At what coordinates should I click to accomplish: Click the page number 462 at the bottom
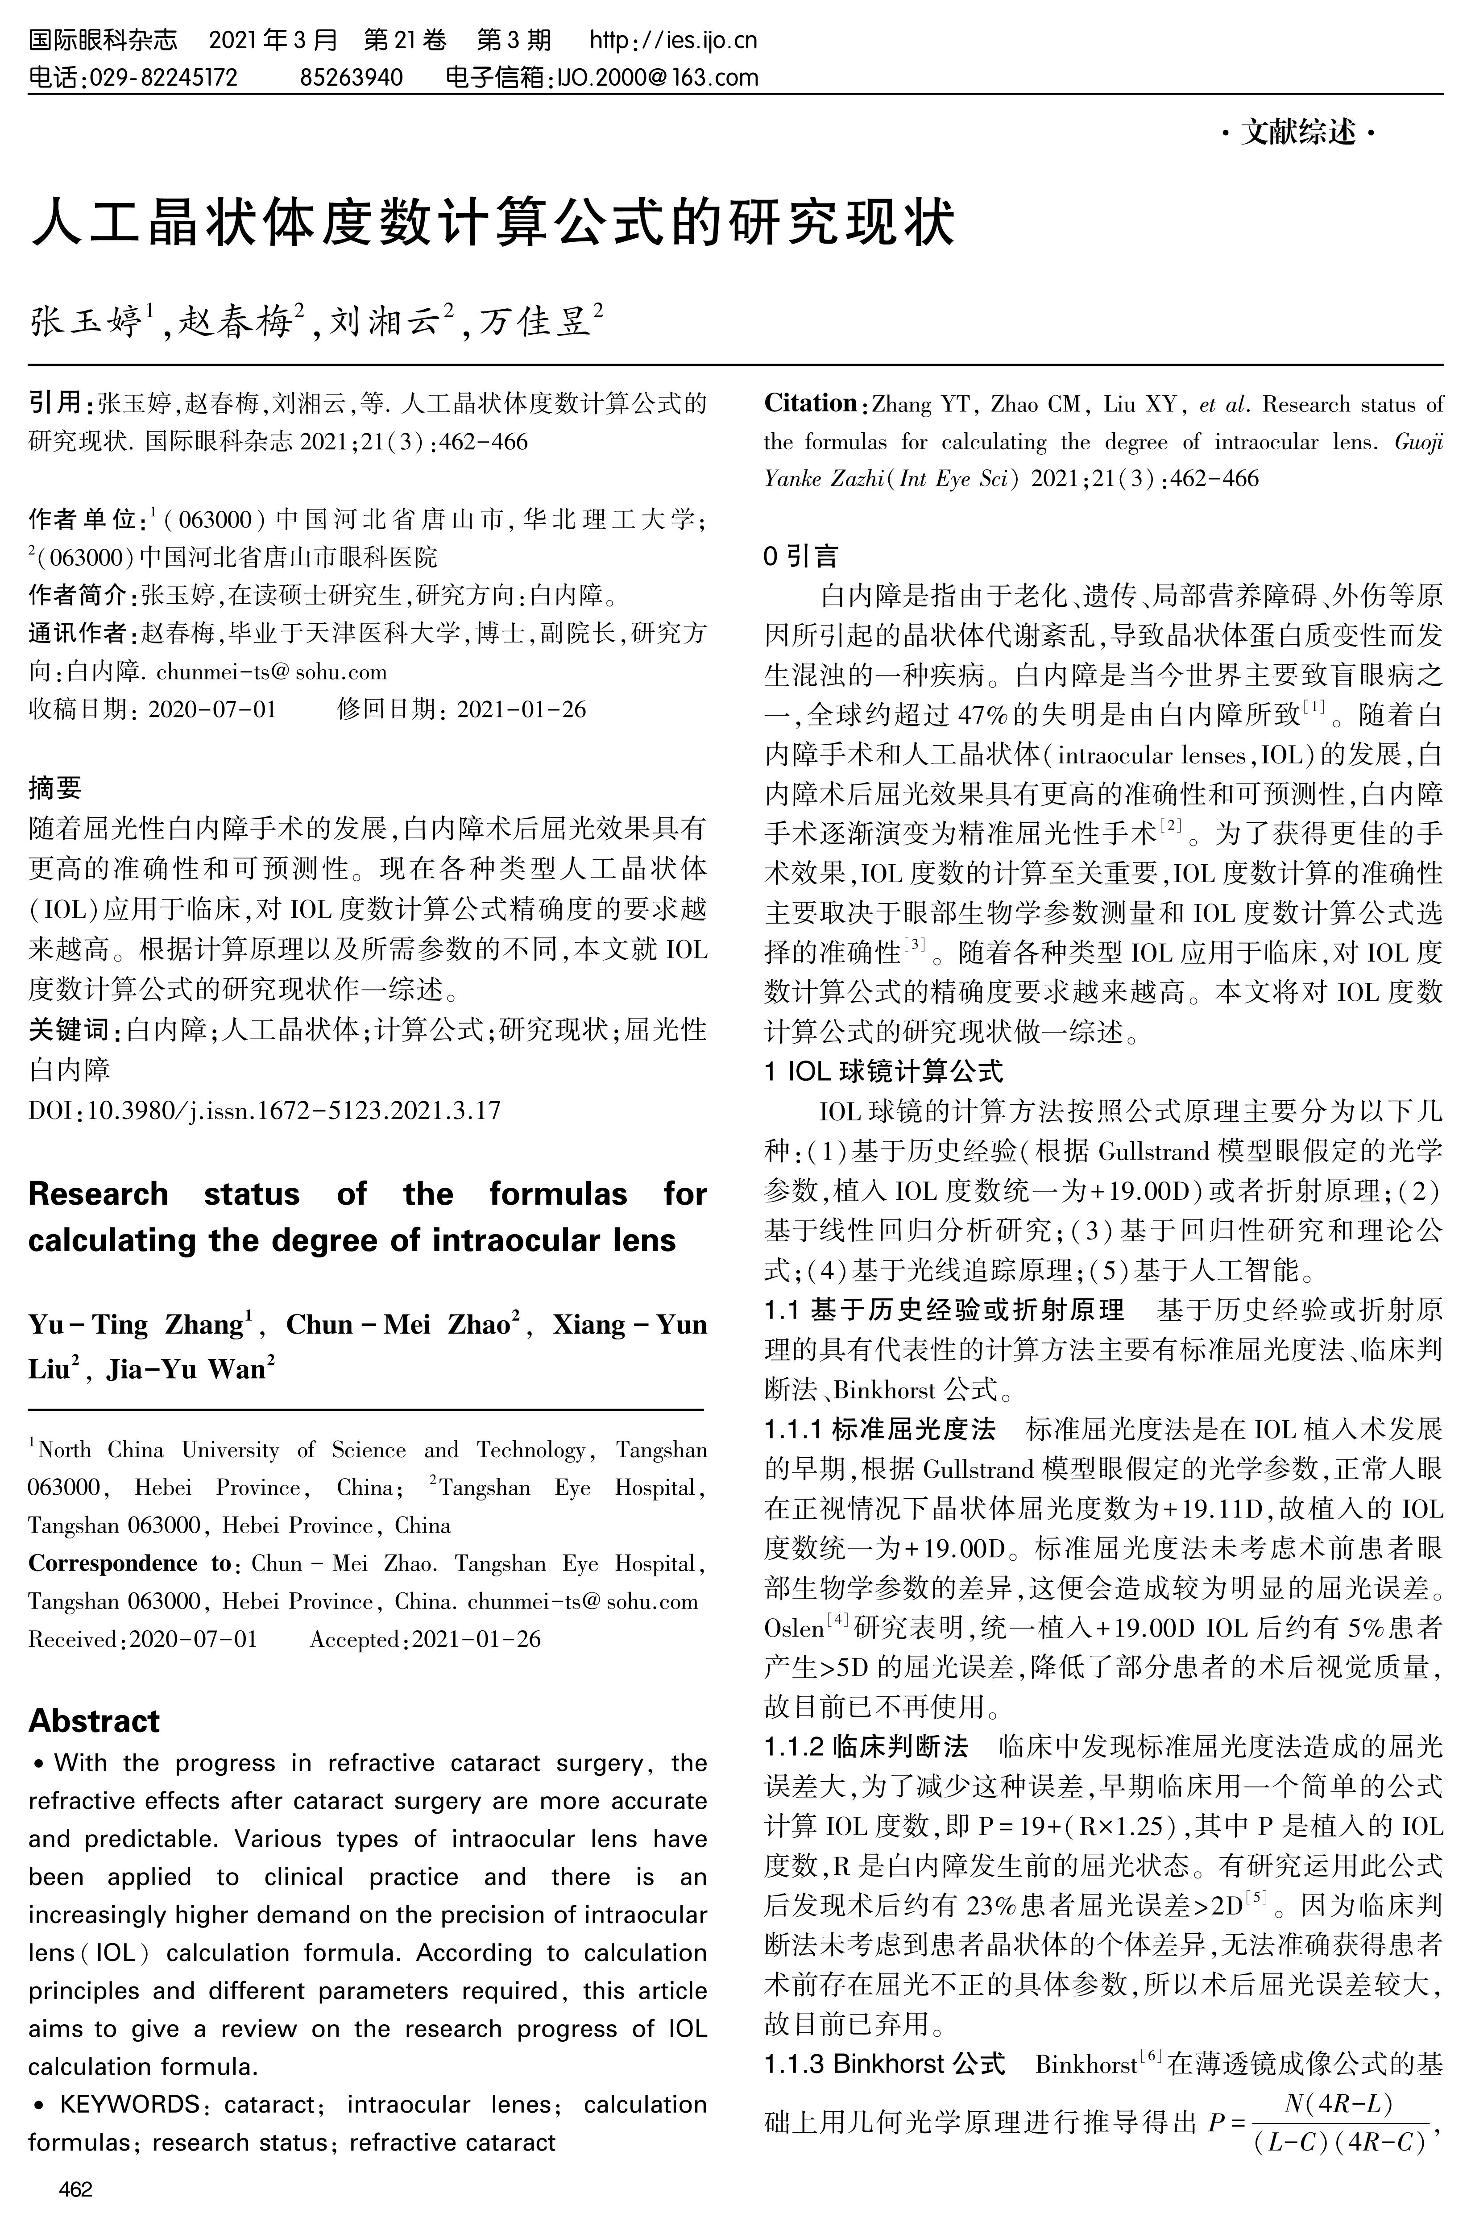click(x=75, y=2190)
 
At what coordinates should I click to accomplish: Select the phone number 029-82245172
click(x=162, y=77)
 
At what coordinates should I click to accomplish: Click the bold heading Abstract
click(x=94, y=1720)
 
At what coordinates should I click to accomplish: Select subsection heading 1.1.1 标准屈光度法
click(x=879, y=1430)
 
